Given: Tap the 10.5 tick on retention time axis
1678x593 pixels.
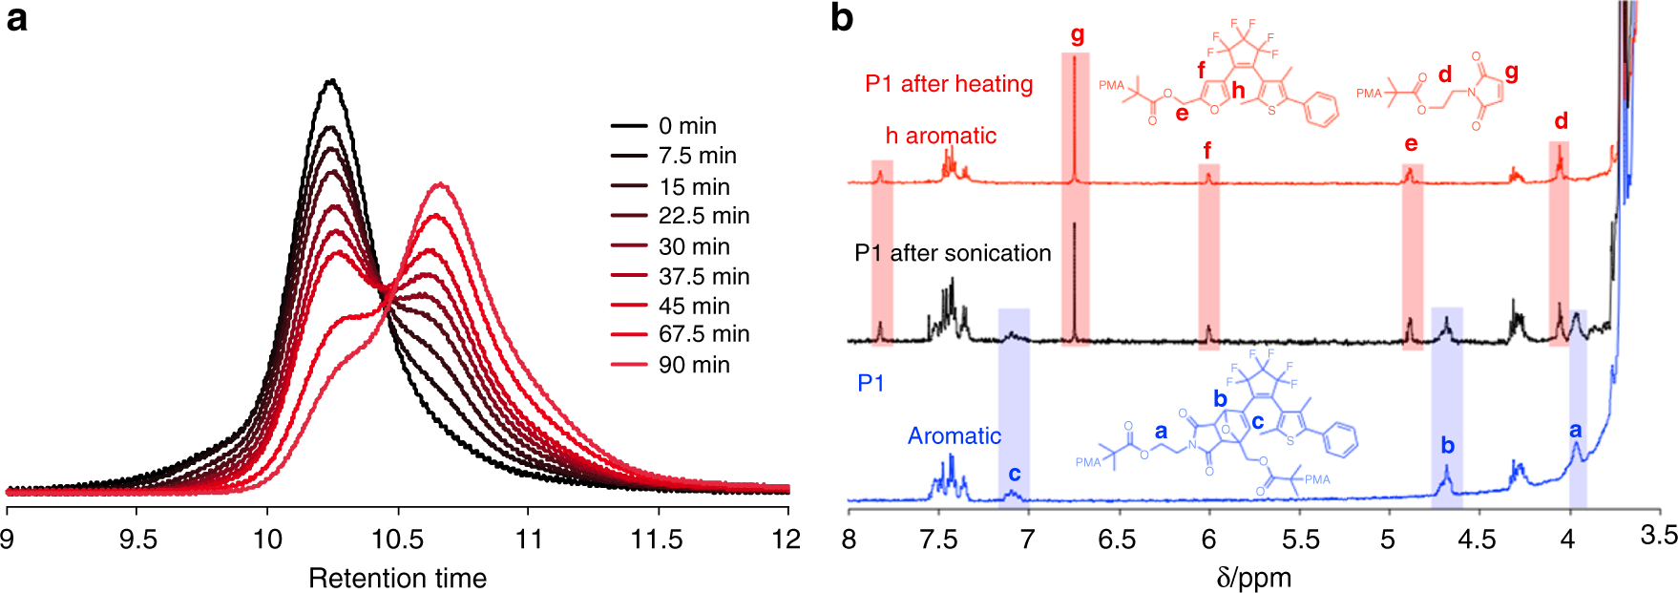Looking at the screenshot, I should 398,540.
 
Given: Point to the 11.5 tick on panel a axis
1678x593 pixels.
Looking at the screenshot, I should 657,540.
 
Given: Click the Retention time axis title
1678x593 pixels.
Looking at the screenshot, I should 397,578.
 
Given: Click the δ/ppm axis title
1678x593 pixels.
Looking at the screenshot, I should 1253,577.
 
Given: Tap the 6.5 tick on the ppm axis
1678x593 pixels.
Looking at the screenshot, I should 1118,540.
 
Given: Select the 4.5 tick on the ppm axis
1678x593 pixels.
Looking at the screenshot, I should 1478,540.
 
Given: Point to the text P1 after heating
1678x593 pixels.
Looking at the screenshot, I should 949,84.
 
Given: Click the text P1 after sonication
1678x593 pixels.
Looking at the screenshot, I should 953,253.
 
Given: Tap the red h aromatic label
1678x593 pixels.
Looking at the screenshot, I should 940,136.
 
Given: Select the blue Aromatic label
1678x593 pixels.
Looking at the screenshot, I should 954,436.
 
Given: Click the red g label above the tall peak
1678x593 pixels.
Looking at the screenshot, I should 1078,35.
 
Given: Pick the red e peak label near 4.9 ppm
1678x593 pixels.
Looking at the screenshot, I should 1411,144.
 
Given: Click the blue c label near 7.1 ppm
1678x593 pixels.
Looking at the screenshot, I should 1014,474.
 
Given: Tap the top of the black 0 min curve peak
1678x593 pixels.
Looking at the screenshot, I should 331,81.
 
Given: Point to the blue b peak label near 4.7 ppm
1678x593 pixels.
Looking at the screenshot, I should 1447,445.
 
